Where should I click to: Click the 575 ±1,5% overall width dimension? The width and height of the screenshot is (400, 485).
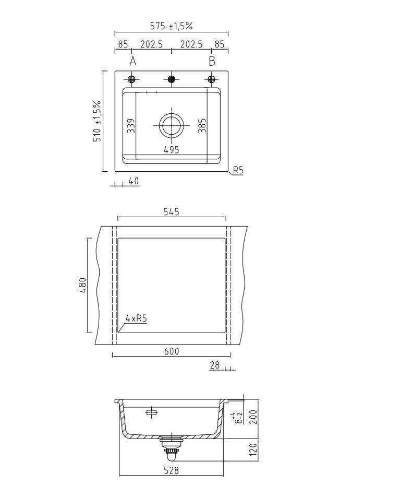point(172,26)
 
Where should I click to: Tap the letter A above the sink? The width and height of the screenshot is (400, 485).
point(133,61)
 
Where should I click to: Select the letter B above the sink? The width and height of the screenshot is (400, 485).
point(212,61)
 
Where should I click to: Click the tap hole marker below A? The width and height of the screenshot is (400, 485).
point(132,79)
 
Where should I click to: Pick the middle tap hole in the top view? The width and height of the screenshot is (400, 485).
point(172,79)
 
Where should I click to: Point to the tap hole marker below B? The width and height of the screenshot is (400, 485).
point(211,79)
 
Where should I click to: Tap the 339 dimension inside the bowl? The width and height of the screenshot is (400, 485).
point(131,125)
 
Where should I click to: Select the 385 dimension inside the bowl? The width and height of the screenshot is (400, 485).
point(202,125)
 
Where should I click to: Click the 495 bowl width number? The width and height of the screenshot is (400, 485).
point(172,150)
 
